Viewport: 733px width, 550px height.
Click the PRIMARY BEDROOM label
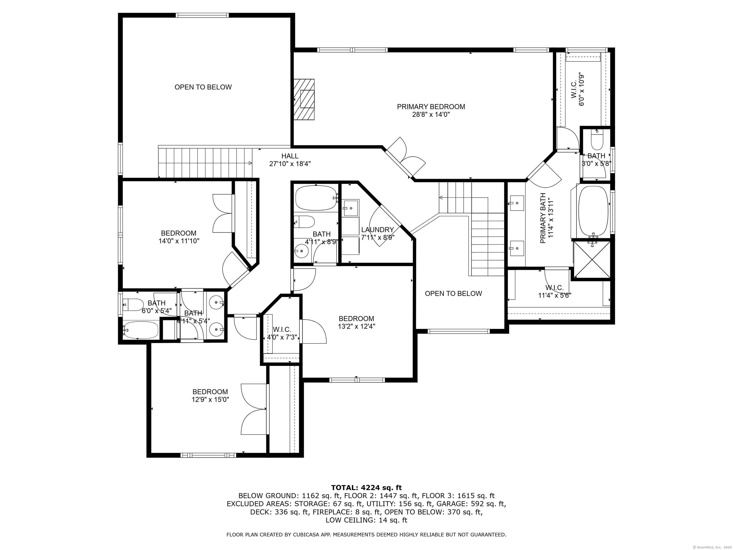coord(431,107)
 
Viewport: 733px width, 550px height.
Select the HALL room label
coord(290,156)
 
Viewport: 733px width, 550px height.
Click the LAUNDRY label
coord(377,230)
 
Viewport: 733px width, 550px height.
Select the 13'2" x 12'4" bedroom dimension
coord(356,327)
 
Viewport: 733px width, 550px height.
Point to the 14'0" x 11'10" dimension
coord(179,241)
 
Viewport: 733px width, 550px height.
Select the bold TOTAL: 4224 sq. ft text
coord(366,488)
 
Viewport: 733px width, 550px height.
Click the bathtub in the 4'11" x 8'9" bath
coord(316,198)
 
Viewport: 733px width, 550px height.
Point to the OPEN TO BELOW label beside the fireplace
coord(203,87)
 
